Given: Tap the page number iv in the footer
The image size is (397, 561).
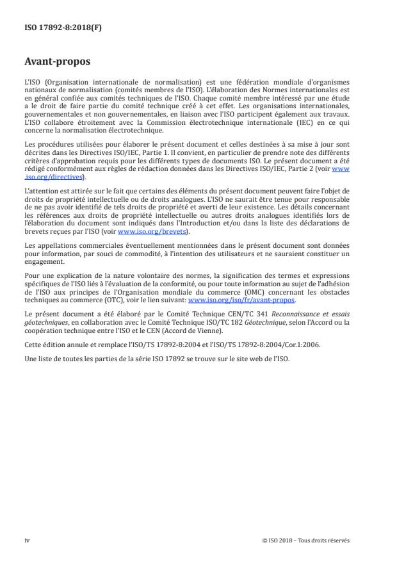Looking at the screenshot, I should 27,540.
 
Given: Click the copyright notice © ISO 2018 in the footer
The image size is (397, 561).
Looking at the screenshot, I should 306,540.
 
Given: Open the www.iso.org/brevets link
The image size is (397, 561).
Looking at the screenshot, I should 143,232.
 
